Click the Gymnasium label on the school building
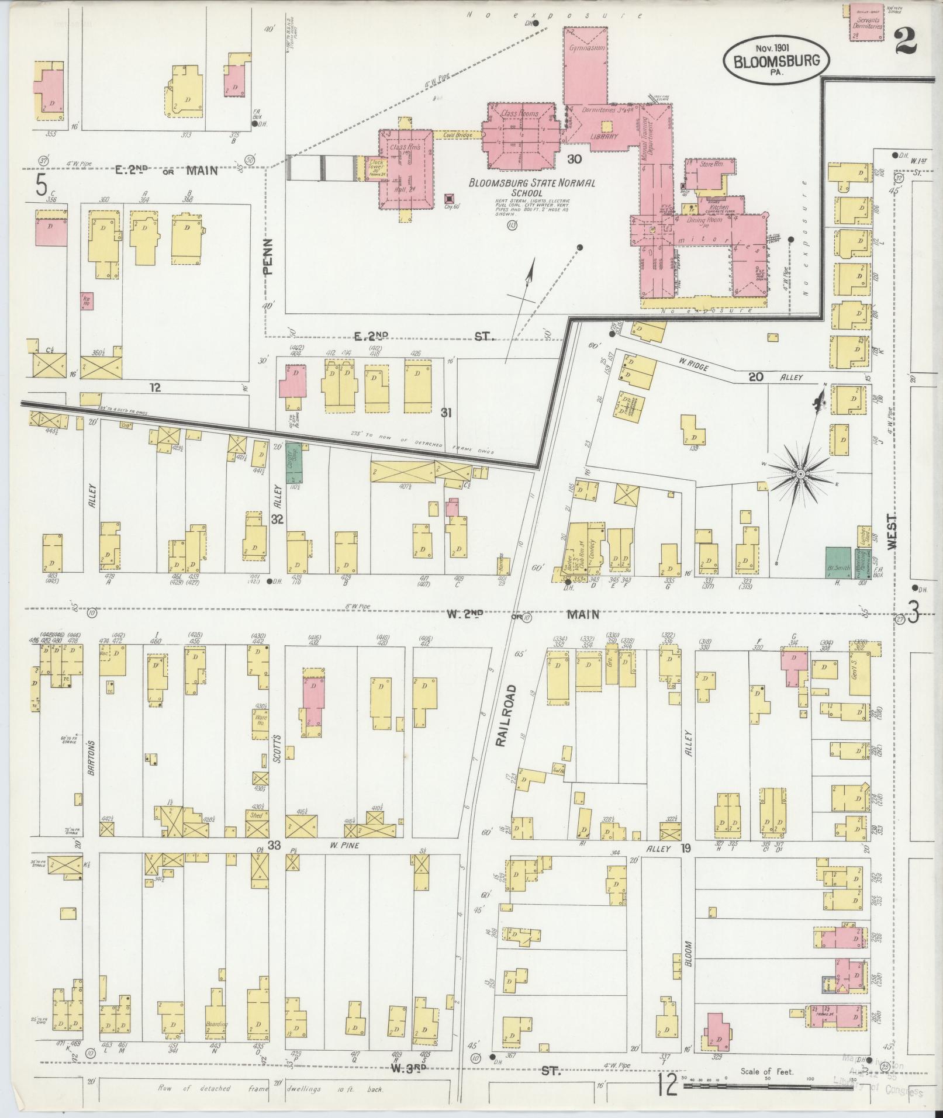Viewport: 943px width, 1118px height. [586, 49]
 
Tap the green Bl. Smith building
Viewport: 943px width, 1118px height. [838, 562]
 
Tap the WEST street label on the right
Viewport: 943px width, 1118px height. [892, 531]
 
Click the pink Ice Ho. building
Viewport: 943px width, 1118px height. [86, 300]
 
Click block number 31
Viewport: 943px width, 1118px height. [446, 413]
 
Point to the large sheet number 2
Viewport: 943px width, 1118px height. [906, 40]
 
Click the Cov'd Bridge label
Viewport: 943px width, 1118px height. [457, 135]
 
